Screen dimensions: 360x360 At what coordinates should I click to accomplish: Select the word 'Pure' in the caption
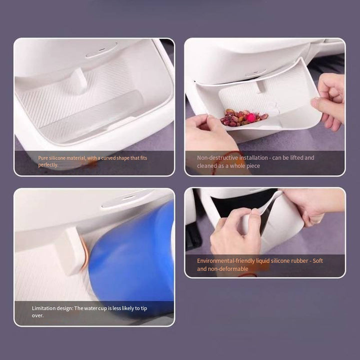(x=43, y=158)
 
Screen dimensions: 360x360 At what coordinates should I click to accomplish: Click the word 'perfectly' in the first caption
(x=48, y=165)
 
